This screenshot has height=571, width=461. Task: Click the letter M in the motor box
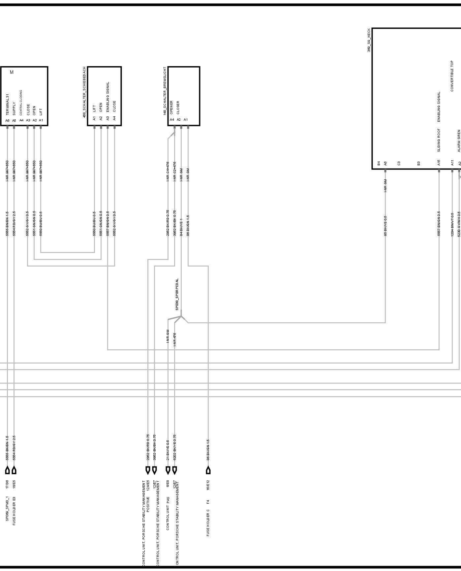12,72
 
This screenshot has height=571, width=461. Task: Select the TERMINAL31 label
7,105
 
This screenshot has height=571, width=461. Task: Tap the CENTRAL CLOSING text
21,103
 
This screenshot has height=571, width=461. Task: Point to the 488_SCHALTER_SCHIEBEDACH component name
84,92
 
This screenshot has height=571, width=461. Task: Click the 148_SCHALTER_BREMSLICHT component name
165,91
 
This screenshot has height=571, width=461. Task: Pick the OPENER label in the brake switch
171,108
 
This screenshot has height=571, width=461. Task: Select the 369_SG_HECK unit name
369,40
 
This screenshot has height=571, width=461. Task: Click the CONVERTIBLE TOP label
452,76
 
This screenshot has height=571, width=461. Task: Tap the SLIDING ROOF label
439,140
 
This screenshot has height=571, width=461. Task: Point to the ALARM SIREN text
459,141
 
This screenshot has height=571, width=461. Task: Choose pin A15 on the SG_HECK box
439,163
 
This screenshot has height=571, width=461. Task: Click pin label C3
399,163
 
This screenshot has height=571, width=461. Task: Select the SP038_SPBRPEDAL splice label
177,294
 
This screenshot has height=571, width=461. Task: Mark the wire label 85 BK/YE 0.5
385,226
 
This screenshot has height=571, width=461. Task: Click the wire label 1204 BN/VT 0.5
452,224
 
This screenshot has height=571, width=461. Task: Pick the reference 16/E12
208,485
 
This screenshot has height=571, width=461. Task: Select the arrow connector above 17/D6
7,470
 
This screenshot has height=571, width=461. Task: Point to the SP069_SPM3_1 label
7,508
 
